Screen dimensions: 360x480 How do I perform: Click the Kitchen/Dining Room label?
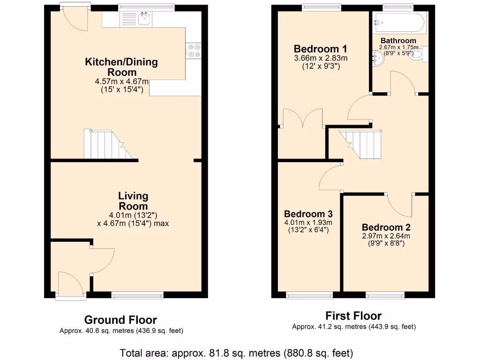(121, 67)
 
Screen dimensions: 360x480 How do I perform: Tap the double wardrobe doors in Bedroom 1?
(303, 118)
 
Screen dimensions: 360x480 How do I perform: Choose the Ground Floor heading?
(120, 320)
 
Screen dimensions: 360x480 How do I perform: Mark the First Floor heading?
(353, 316)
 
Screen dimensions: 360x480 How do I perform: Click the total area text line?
(236, 352)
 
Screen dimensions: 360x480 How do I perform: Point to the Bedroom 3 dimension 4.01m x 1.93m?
(307, 223)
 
